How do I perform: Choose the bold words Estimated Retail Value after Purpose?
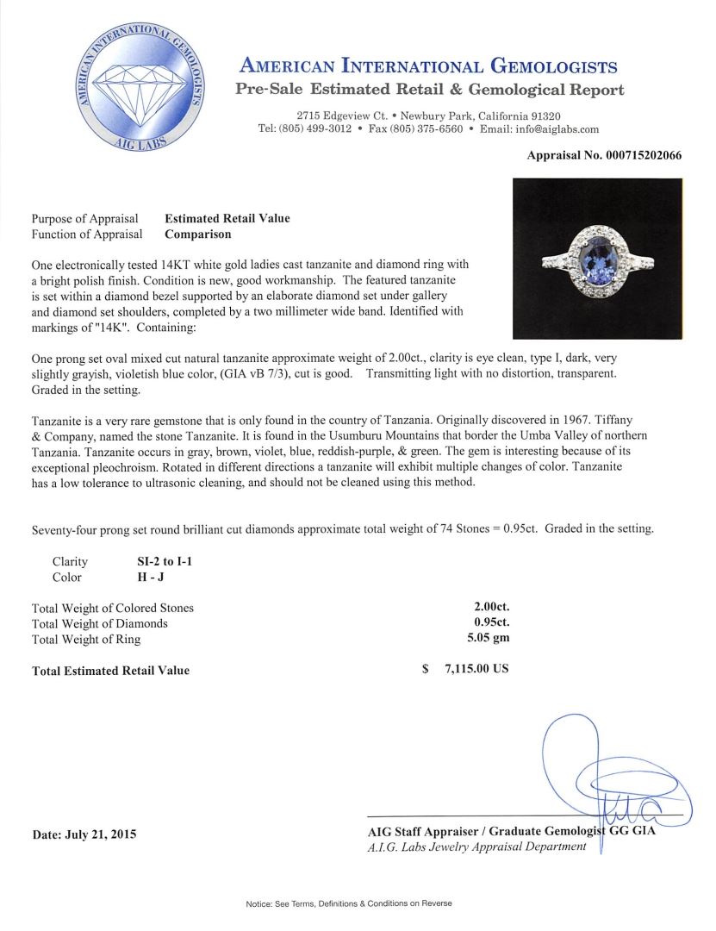point(227,219)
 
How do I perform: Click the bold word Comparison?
point(197,234)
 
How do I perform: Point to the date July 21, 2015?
point(84,834)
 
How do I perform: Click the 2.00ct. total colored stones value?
point(488,608)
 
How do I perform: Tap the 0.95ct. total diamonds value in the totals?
point(488,623)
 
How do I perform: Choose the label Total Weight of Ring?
point(85,639)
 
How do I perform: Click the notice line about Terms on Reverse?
point(348,903)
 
